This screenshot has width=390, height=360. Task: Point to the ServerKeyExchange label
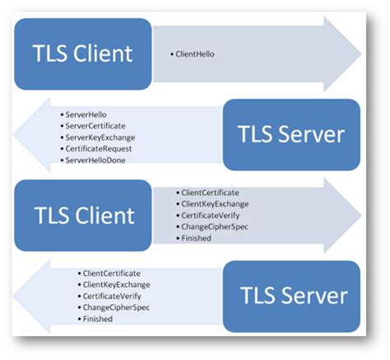click(x=95, y=137)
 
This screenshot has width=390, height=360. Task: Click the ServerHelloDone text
click(x=93, y=160)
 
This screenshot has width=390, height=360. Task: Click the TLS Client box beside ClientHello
click(x=82, y=54)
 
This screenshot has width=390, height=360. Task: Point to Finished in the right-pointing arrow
click(x=196, y=238)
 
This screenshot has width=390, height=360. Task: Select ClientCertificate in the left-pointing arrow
click(x=110, y=273)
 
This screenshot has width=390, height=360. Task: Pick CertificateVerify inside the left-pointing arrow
click(x=110, y=296)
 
